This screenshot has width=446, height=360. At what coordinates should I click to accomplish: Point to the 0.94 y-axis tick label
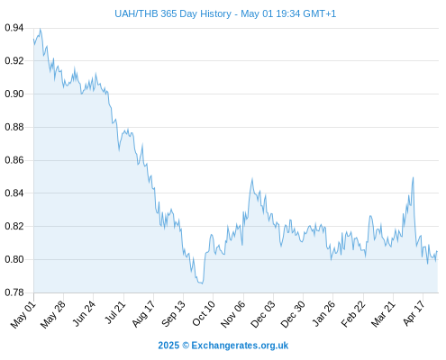14,28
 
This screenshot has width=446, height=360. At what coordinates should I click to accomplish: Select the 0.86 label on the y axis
14,160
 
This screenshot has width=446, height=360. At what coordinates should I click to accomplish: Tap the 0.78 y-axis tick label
14,292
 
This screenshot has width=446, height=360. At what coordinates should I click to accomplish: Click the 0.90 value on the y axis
14,94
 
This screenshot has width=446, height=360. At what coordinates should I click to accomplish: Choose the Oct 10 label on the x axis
204,313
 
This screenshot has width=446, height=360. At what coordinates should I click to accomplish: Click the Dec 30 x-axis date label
293,314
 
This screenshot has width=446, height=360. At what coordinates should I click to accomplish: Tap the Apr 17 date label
414,313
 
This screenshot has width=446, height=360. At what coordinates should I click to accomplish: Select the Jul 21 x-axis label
115,312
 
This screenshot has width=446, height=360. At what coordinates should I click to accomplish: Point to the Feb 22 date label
353,314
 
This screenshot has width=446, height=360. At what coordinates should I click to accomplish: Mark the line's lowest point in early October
203,283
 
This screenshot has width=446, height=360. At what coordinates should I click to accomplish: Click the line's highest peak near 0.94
41,29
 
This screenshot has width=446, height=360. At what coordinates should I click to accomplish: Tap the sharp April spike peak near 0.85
414,177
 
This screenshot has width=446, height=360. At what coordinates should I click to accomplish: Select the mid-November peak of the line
252,179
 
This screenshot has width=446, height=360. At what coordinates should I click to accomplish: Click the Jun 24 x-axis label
84,313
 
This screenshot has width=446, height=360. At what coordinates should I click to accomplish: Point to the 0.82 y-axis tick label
14,226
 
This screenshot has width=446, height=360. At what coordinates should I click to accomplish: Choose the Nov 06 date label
233,314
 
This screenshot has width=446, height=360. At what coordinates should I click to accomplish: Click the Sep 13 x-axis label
174,314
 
